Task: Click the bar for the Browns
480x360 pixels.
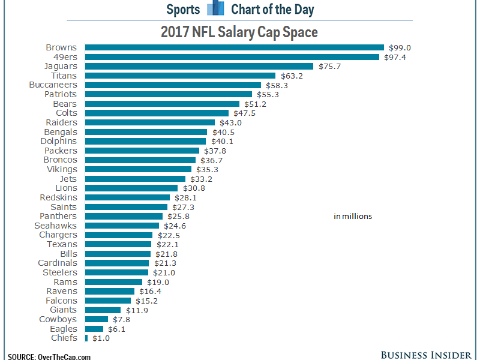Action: point(234,47)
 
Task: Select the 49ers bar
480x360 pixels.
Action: point(232,57)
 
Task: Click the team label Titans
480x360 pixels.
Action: point(64,76)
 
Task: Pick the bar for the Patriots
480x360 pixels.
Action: point(168,94)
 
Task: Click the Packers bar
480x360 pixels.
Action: point(142,151)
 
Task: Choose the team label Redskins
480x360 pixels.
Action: point(58,197)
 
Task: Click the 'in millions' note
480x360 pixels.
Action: point(353,217)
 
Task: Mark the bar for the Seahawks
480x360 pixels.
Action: point(122,226)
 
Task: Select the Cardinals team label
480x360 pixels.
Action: point(58,263)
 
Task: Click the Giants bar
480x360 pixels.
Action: point(103,310)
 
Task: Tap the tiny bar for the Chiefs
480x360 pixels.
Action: point(86,338)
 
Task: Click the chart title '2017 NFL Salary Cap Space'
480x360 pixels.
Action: point(239,32)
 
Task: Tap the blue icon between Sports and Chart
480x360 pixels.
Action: point(215,9)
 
